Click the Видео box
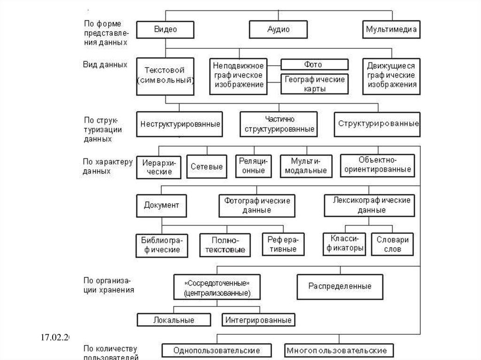coord(165,30)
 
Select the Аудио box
coord(278,30)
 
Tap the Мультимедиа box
coord(391,30)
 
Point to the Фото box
coord(314,65)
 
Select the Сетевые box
coord(206,167)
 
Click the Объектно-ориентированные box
coord(377,165)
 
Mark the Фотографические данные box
coord(257,205)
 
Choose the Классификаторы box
coord(344,244)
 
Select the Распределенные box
coord(340,286)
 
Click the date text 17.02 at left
coord(54,337)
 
